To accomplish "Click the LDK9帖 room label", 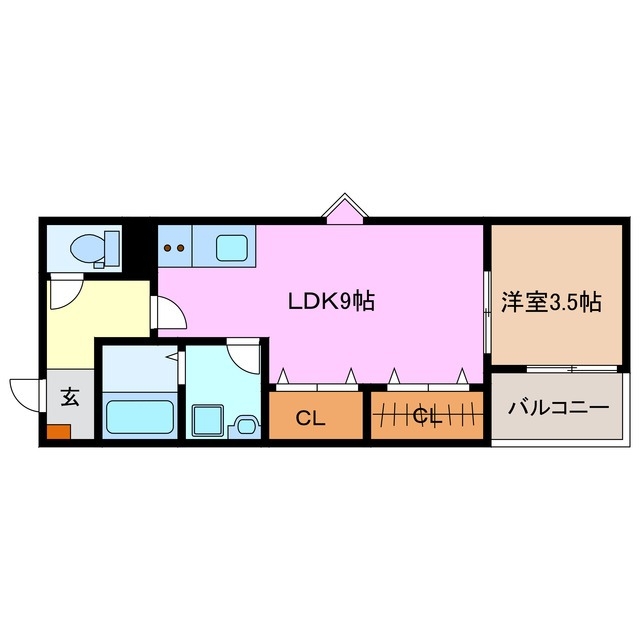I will [331, 301].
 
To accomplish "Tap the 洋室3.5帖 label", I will [551, 301].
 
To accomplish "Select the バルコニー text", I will [558, 408].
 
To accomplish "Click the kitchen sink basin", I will [233, 245].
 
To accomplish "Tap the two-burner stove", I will [174, 246].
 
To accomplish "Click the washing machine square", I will [208, 418].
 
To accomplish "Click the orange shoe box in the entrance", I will [57, 433].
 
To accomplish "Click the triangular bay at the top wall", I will [345, 210].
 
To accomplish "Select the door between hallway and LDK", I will [169, 313].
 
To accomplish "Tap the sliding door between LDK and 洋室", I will [486, 310].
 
